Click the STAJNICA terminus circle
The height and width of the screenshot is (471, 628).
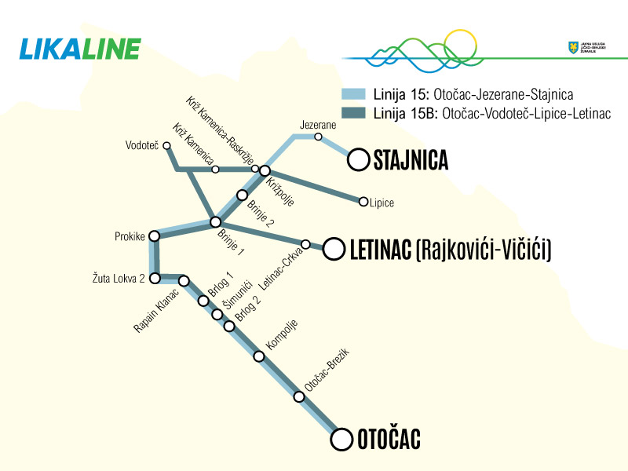pos(359,160)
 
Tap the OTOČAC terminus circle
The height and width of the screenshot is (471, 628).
pos(341,440)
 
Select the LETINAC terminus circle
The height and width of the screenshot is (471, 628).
pos(334,250)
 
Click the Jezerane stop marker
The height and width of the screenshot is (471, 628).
pos(318,137)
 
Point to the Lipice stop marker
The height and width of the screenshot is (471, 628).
pos(363,202)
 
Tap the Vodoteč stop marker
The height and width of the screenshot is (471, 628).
pos(166,145)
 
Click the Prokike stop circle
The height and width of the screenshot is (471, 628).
pos(155,235)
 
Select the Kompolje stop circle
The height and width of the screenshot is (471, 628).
pos(259,356)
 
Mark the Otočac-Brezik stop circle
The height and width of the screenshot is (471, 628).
pos(298,396)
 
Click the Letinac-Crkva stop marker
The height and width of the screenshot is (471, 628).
pos(306,243)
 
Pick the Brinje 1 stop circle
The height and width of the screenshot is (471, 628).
pos(215,222)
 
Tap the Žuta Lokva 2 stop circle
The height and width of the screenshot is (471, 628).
pos(155,278)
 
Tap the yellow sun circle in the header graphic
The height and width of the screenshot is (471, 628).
pos(460,46)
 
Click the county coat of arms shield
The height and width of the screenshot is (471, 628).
pos(572,48)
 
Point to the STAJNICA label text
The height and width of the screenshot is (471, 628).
pos(411,161)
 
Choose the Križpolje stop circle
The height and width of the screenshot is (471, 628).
pos(265,170)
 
